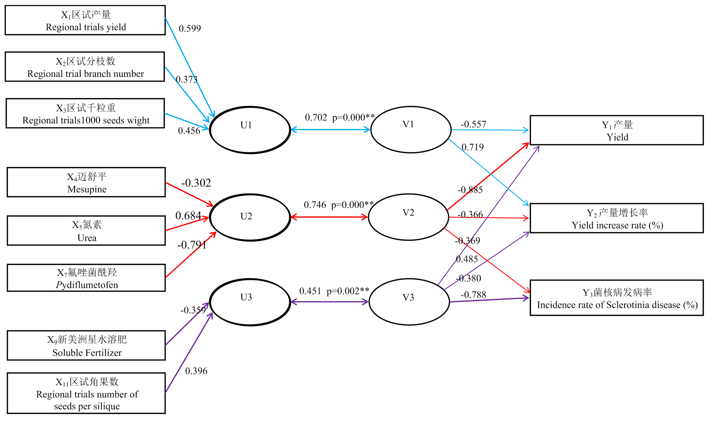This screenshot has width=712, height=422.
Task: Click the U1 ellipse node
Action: tap(250, 130)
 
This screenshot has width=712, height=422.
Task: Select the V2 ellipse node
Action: tap(408, 217)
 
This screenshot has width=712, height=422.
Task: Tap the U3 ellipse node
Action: tap(250, 302)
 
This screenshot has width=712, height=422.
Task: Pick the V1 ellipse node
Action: tap(410, 129)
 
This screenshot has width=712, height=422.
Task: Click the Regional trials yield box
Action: tap(85, 20)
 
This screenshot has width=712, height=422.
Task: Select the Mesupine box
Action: tap(86, 182)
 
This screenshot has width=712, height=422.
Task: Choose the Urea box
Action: tap(86, 231)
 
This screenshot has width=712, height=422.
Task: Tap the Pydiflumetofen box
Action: tap(86, 278)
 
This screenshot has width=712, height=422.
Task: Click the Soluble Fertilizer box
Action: tap(86, 345)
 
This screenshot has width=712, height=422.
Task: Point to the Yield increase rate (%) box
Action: tap(617, 218)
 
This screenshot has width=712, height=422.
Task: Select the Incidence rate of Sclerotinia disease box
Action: tap(617, 298)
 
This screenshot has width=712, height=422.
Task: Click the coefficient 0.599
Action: tap(190, 28)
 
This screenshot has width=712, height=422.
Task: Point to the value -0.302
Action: tap(196, 183)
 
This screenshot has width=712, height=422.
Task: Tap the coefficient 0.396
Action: tap(196, 371)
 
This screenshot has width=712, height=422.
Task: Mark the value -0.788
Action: tap(473, 295)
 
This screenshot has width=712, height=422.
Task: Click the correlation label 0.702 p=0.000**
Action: tap(340, 117)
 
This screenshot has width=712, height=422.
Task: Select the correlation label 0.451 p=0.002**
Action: tap(334, 291)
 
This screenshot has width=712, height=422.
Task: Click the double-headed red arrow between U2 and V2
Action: tap(329, 217)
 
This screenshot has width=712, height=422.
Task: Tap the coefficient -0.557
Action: tap(473, 124)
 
